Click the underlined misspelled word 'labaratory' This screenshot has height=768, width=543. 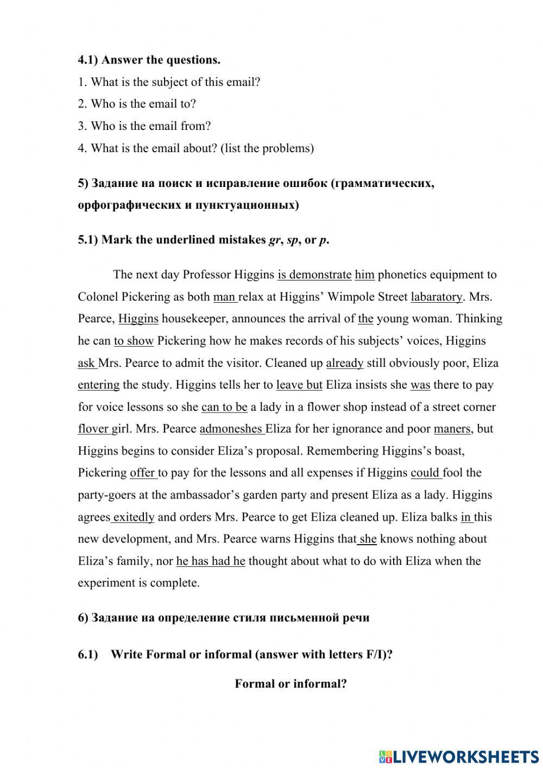pyautogui.click(x=436, y=297)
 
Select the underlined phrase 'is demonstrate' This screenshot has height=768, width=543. pyautogui.click(x=314, y=274)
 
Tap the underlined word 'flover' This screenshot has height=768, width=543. pyautogui.click(x=93, y=429)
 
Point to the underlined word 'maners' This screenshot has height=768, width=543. pyautogui.click(x=452, y=429)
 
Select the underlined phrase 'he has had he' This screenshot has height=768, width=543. pyautogui.click(x=211, y=561)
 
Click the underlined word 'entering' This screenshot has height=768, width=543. pyautogui.click(x=98, y=385)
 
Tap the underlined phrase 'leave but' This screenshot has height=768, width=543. pyautogui.click(x=299, y=385)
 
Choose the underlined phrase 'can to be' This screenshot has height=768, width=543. pyautogui.click(x=224, y=407)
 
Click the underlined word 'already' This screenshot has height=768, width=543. pyautogui.click(x=345, y=363)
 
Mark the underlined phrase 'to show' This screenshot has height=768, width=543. pyautogui.click(x=134, y=341)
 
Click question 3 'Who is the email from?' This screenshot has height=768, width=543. pyautogui.click(x=144, y=126)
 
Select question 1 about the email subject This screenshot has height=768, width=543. pyautogui.click(x=169, y=82)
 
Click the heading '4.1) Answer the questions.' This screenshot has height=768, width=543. pyautogui.click(x=149, y=60)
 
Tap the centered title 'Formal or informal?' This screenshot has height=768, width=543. pyautogui.click(x=291, y=684)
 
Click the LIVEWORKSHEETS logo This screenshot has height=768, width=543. pyautogui.click(x=459, y=755)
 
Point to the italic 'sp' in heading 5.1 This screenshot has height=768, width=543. pyautogui.click(x=292, y=240)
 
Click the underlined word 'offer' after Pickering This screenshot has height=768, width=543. pyautogui.click(x=143, y=473)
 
